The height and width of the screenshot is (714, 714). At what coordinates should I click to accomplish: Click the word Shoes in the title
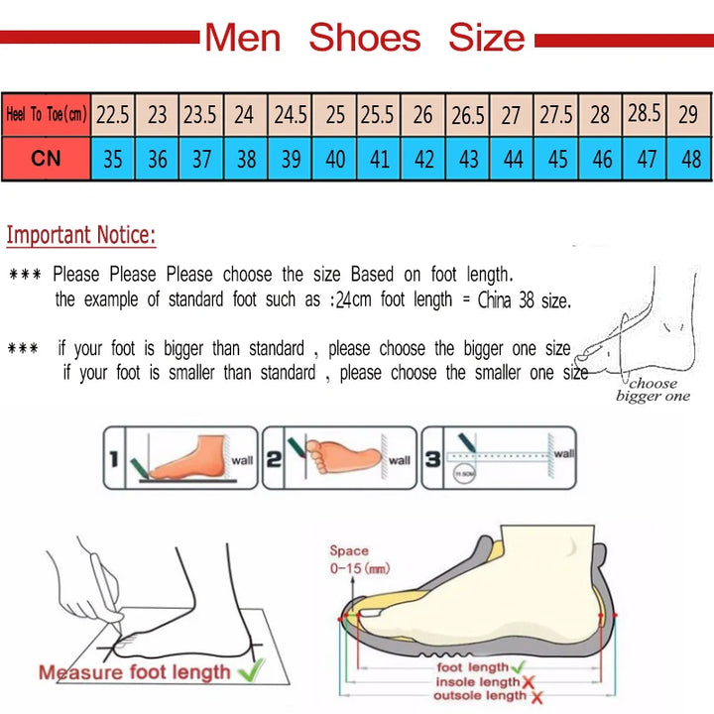click(x=364, y=38)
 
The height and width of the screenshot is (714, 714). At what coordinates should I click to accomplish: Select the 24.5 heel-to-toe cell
click(x=291, y=115)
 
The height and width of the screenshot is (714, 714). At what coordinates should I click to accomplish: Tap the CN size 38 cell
click(x=246, y=159)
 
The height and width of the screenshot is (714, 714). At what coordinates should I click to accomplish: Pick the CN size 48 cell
click(x=690, y=159)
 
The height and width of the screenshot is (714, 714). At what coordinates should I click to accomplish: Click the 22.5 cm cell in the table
click(x=113, y=115)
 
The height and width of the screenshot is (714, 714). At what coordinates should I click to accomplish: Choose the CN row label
click(x=46, y=159)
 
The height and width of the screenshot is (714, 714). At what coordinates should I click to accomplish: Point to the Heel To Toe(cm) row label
click(x=46, y=115)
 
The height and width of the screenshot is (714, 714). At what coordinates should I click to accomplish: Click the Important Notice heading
click(x=81, y=236)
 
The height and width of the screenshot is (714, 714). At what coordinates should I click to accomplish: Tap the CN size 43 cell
click(x=468, y=159)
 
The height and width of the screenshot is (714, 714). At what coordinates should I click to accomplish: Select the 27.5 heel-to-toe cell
click(x=556, y=115)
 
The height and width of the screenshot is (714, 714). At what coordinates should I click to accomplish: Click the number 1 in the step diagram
click(x=115, y=457)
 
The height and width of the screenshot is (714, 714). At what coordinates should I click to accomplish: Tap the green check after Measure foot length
click(x=252, y=670)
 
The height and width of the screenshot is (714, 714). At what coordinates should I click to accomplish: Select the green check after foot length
click(x=517, y=667)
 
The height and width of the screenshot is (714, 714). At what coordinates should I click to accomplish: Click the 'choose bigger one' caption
click(x=653, y=390)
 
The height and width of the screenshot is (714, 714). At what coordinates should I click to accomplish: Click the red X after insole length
click(x=529, y=682)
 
